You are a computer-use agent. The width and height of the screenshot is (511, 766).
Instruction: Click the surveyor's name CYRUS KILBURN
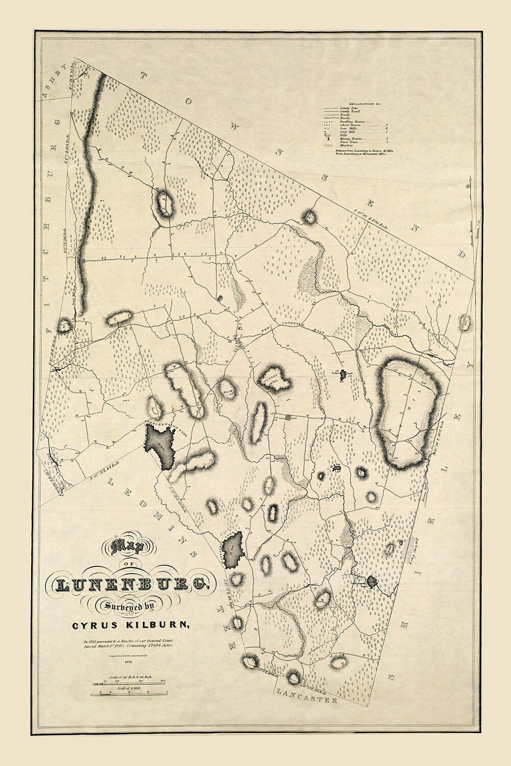[x=134, y=624]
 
